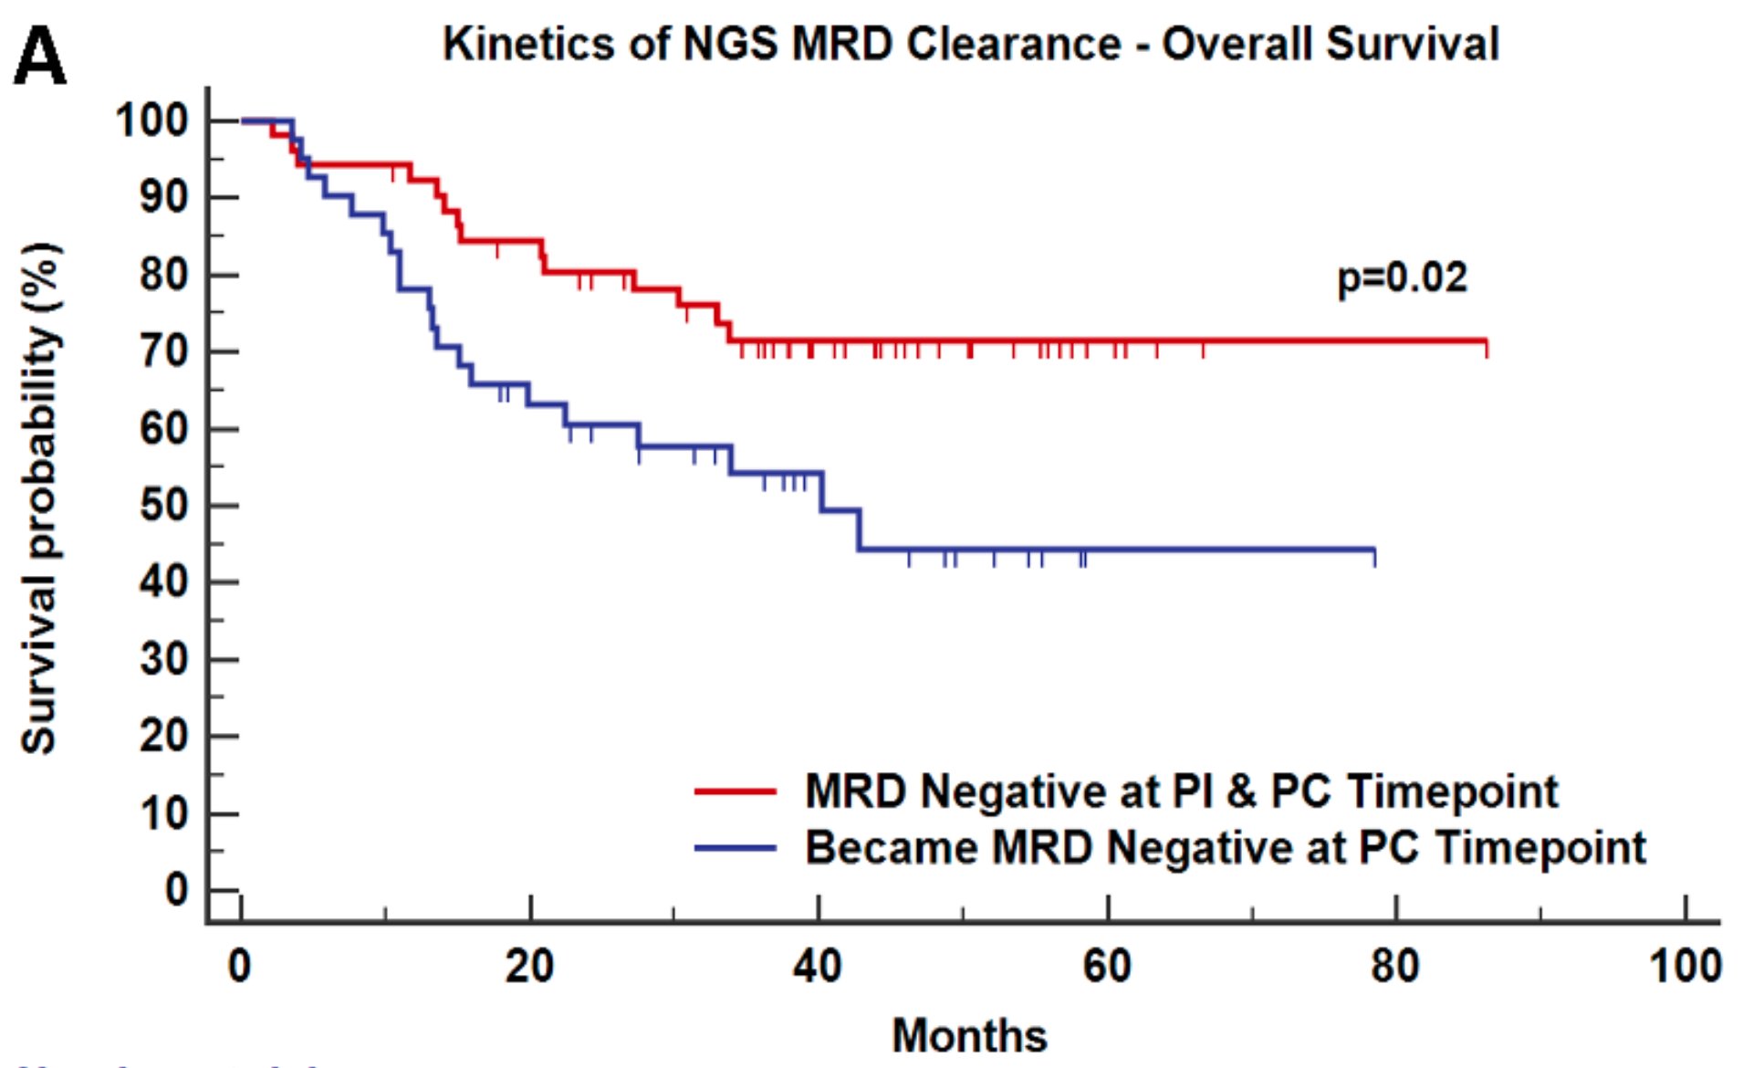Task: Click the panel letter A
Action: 40,57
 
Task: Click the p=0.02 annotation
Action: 1402,277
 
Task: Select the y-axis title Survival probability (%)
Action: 40,497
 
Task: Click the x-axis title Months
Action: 968,1035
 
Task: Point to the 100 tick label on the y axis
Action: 151,120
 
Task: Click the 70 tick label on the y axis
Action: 163,351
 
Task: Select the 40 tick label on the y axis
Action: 163,581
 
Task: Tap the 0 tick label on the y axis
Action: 176,890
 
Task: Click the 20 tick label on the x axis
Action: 529,966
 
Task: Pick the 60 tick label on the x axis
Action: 1107,966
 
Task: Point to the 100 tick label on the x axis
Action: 1685,966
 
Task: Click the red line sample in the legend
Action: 735,791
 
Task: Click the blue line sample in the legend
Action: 735,848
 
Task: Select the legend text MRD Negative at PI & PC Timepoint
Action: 1181,791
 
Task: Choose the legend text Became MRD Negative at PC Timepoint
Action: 1225,848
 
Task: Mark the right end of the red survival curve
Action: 1486,342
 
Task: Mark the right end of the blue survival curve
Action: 1373,550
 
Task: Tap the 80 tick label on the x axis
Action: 1395,966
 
